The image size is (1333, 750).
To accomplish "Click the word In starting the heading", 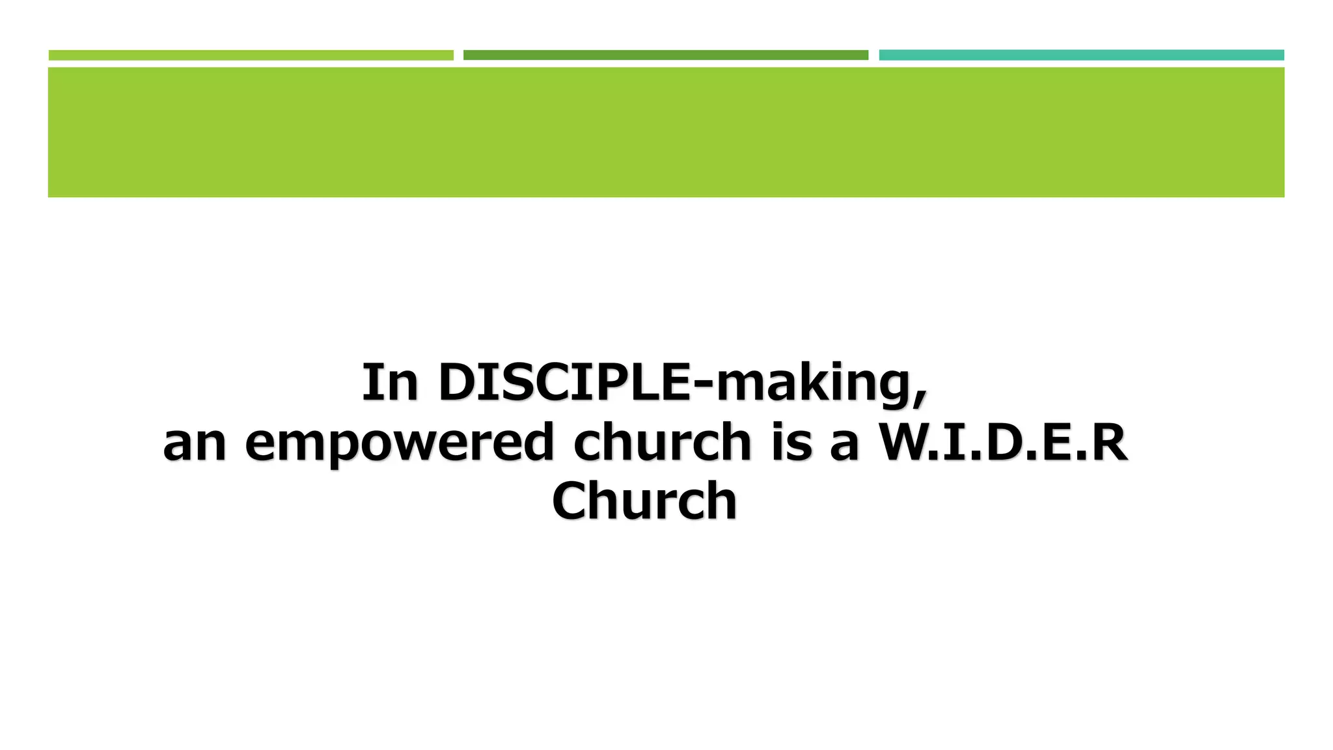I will [x=389, y=382].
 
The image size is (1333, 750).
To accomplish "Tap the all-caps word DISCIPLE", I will [x=564, y=382].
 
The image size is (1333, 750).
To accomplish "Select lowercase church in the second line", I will [x=663, y=443].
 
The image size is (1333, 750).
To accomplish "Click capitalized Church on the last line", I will [x=644, y=501].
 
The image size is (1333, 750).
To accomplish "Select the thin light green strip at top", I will [x=251, y=55].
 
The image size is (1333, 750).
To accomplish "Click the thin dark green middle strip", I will [x=665, y=55].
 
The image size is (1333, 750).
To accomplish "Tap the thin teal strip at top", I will [x=1081, y=55].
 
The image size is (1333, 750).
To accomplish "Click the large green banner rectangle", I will [x=665, y=132].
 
